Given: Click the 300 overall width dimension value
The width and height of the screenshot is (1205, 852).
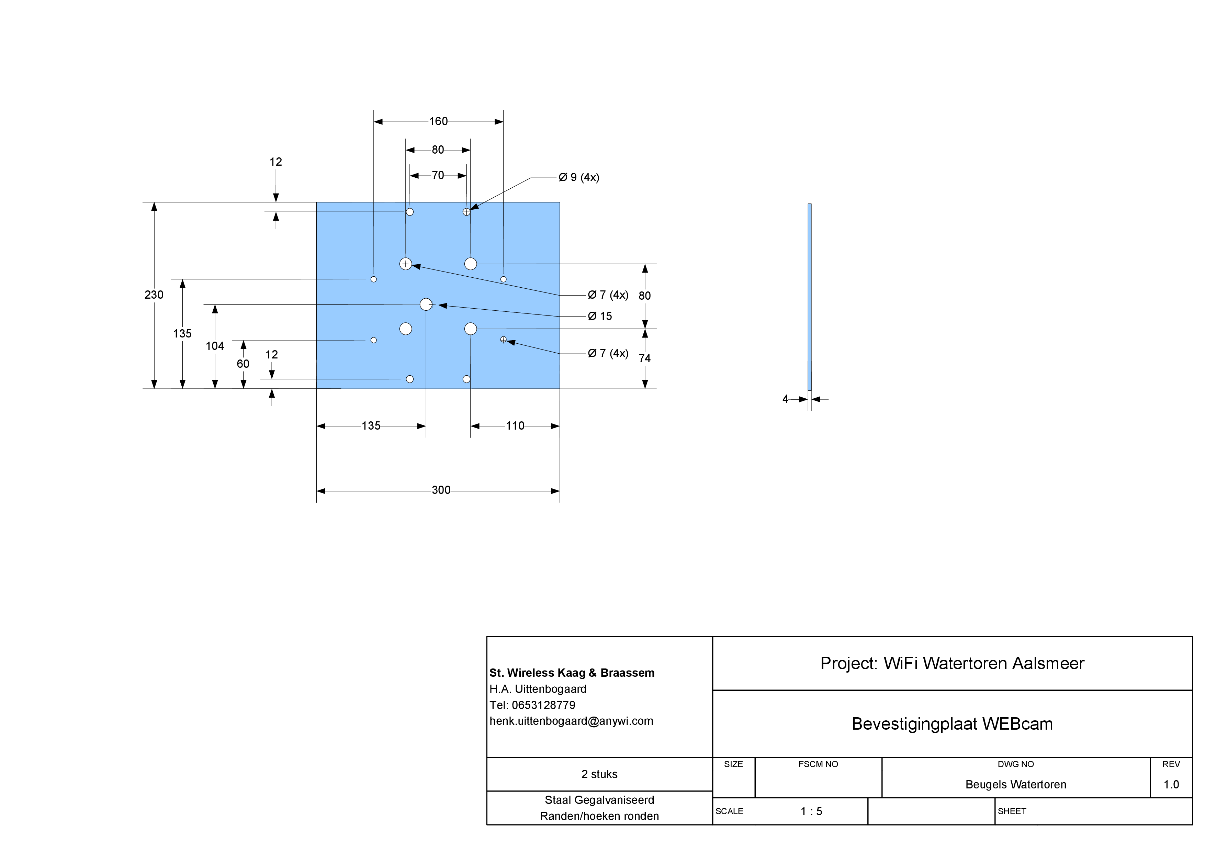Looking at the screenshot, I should click(x=441, y=490).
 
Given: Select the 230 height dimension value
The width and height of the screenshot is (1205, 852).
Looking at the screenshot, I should click(x=154, y=295).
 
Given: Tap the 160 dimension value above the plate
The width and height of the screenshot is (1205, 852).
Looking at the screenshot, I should click(x=438, y=122).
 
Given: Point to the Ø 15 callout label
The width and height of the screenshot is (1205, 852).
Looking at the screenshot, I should click(x=600, y=317).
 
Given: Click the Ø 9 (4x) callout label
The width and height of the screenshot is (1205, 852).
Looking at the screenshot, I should click(x=579, y=177).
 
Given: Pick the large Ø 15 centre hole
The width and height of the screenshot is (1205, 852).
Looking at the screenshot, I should click(x=426, y=305).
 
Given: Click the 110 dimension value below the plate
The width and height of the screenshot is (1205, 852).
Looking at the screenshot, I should click(x=515, y=426).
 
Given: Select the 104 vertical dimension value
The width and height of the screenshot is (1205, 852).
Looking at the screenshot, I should click(x=215, y=346).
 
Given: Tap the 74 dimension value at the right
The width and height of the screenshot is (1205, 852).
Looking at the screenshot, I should click(x=644, y=358).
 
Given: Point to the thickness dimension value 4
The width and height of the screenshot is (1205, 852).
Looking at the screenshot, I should click(x=785, y=399).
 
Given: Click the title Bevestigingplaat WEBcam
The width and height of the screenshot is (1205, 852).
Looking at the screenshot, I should click(x=952, y=724).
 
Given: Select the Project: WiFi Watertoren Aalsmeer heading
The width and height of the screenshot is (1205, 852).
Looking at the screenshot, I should click(x=952, y=664).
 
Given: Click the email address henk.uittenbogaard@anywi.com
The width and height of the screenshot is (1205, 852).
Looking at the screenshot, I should click(x=571, y=721).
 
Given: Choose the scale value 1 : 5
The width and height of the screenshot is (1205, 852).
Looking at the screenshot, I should click(x=811, y=811).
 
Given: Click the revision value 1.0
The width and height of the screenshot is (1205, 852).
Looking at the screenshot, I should click(x=1171, y=785).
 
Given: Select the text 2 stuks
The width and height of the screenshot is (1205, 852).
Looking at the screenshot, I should click(x=599, y=774).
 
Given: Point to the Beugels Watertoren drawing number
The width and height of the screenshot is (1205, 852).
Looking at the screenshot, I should click(x=1015, y=785).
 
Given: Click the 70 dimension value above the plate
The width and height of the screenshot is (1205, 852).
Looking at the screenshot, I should click(x=438, y=175).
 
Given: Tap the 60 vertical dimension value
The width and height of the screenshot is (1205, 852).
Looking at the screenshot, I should click(x=243, y=364).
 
